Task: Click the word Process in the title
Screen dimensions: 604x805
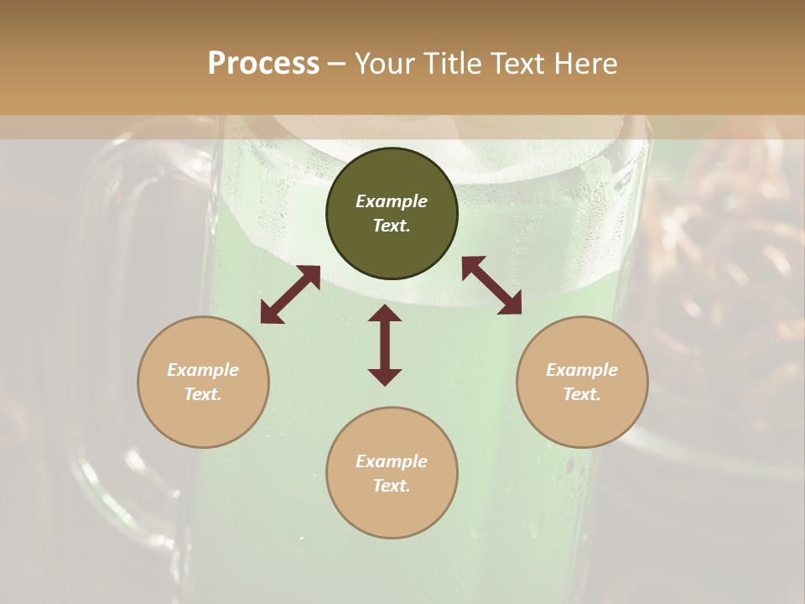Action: [x=263, y=64]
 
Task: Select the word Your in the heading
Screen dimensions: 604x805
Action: [x=387, y=64]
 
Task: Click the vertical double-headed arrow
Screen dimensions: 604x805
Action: [x=385, y=345]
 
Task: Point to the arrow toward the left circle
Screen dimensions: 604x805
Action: [x=290, y=294]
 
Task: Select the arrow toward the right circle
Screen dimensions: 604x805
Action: [x=492, y=285]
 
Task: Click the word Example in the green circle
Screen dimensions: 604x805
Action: [x=392, y=201]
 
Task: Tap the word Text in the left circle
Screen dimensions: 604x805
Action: [x=203, y=394]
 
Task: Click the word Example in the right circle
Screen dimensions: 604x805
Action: [x=582, y=370]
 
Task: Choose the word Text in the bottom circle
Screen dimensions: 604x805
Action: [x=392, y=486]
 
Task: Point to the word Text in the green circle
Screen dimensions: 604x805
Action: [x=392, y=226]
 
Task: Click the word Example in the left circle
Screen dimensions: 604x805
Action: [x=203, y=370]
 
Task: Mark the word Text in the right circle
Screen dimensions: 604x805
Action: [x=582, y=394]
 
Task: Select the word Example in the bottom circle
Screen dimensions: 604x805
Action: [x=392, y=461]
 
